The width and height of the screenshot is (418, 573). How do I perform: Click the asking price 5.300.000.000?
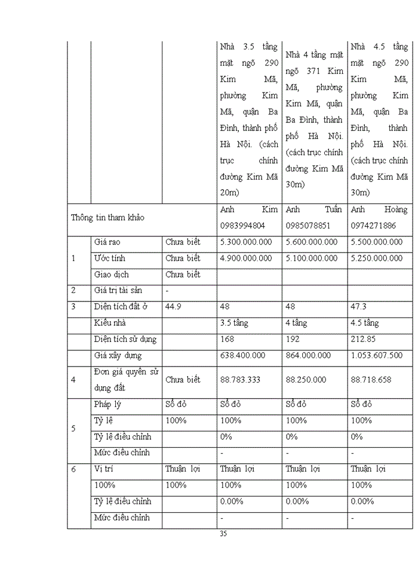tap(246, 242)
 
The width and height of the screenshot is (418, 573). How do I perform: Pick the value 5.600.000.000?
tap(312, 242)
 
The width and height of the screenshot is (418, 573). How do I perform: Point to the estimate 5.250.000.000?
tap(377, 258)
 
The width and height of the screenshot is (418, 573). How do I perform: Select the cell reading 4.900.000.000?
tap(246, 258)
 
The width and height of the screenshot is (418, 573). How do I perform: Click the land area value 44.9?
tap(173, 307)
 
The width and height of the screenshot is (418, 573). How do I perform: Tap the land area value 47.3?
tap(359, 307)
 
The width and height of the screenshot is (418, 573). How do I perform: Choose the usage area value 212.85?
tap(364, 339)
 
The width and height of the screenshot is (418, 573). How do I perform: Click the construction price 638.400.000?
tap(242, 355)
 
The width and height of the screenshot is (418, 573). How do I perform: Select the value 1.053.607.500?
tap(377, 355)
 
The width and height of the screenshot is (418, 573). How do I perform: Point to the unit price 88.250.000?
tap(306, 380)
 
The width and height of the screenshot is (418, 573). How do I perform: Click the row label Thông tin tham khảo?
tap(107, 218)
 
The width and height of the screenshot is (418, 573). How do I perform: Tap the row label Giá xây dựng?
tap(118, 355)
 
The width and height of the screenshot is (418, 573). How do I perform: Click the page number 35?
tap(223, 534)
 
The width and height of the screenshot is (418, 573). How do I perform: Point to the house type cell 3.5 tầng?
tap(234, 323)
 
